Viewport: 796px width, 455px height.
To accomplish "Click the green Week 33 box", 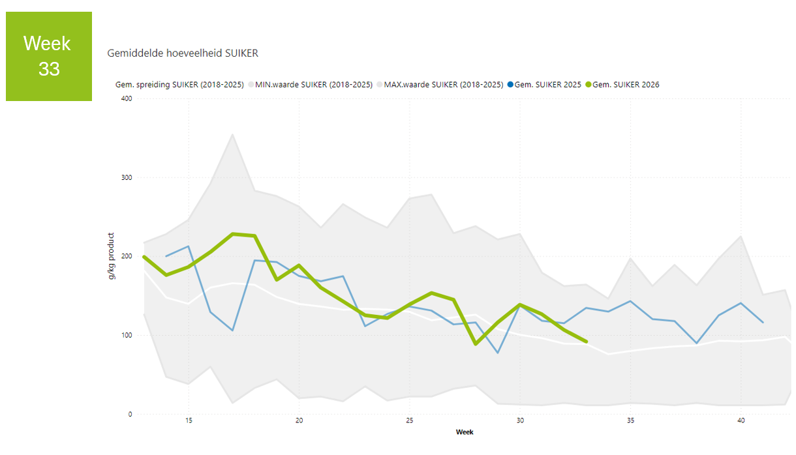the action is pyautogui.click(x=49, y=56).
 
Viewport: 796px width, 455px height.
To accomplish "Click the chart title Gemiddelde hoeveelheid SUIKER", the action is pyautogui.click(x=183, y=53).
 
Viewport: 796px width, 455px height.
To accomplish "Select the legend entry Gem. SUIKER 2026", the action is pyautogui.click(x=622, y=85).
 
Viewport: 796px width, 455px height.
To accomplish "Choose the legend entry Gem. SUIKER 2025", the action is pyautogui.click(x=544, y=85).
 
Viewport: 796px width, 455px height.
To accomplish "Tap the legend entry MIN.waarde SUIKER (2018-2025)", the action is pyautogui.click(x=310, y=85).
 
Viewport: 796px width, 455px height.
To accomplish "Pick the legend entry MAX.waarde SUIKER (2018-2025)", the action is pyautogui.click(x=440, y=85).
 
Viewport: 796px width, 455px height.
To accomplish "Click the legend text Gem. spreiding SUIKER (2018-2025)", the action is pyautogui.click(x=179, y=85).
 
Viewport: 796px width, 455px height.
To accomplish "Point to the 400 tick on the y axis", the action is pyautogui.click(x=127, y=98).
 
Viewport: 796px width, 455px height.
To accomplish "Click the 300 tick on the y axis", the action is pyautogui.click(x=127, y=177).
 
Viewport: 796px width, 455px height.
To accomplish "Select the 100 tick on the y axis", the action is pyautogui.click(x=127, y=335).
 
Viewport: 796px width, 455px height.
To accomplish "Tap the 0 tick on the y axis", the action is pyautogui.click(x=130, y=414).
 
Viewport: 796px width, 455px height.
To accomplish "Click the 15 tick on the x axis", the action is pyautogui.click(x=189, y=420).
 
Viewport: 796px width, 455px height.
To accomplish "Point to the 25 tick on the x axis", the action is pyautogui.click(x=410, y=420).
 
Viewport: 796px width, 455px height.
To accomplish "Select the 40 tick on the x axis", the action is pyautogui.click(x=741, y=420).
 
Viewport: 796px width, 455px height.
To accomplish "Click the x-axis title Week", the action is pyautogui.click(x=465, y=432).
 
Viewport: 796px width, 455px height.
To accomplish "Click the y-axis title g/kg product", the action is pyautogui.click(x=111, y=256).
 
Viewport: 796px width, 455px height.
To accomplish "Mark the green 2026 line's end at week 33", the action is pyautogui.click(x=587, y=342).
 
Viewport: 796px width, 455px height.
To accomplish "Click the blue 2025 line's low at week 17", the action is pyautogui.click(x=233, y=330).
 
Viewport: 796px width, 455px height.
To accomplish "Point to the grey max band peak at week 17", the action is pyautogui.click(x=233, y=134).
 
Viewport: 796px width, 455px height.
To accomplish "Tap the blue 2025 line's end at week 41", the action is pyautogui.click(x=763, y=323).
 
